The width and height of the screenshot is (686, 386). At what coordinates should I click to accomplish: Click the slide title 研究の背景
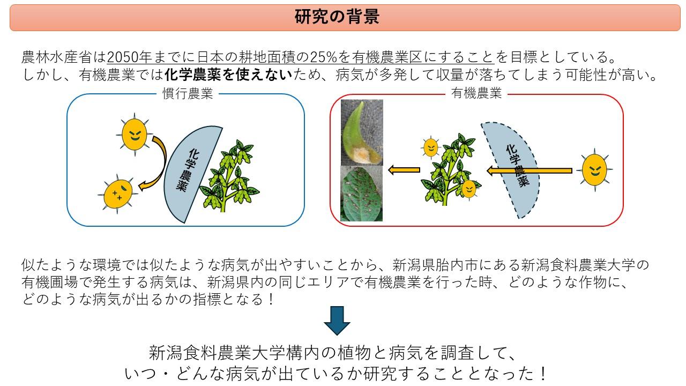337,17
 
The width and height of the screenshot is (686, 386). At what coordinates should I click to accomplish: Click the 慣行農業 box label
188,94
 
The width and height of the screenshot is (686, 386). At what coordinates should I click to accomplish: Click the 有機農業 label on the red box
476,94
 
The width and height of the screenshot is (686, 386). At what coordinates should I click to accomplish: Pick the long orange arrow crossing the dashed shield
530,171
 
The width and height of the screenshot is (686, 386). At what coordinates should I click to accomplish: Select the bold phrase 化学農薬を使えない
228,75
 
